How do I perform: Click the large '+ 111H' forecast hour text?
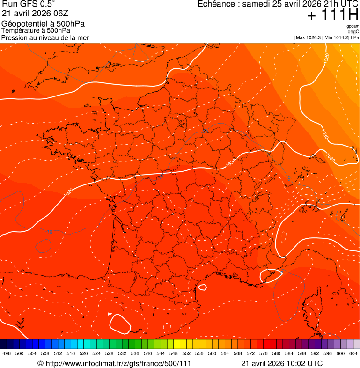point(332,15)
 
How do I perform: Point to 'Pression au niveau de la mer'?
point(45,37)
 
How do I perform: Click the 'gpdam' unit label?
point(353,26)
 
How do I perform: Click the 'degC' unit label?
point(353,31)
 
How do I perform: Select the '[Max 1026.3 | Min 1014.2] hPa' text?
point(327,37)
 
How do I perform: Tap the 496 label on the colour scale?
point(7,353)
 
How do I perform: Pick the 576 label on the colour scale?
point(264,353)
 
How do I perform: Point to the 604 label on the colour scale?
point(353,353)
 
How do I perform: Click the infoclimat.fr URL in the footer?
point(114,363)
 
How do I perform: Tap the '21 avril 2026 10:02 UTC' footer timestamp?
point(282,363)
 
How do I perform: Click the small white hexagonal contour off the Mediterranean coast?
point(203,287)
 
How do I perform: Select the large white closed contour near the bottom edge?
point(120,324)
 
